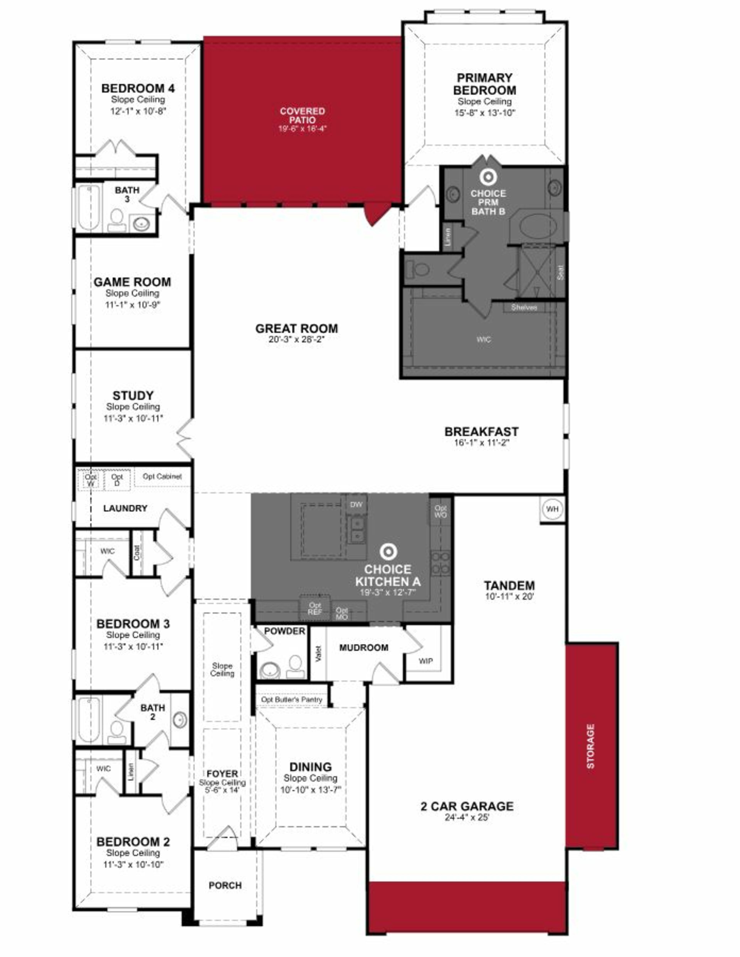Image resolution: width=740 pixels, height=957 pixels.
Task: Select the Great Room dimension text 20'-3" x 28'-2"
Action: tap(297, 339)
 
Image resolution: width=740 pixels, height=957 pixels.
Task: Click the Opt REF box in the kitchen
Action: tap(314, 609)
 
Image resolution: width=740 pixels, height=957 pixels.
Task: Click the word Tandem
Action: tap(509, 585)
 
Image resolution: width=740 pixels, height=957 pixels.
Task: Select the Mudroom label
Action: tap(364, 648)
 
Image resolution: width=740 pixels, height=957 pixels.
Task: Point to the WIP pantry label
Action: tap(425, 661)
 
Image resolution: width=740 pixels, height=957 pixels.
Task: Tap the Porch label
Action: tap(225, 885)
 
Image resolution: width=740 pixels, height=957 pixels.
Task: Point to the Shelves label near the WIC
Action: tap(524, 308)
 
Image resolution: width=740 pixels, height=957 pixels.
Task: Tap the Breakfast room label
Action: tap(481, 432)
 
